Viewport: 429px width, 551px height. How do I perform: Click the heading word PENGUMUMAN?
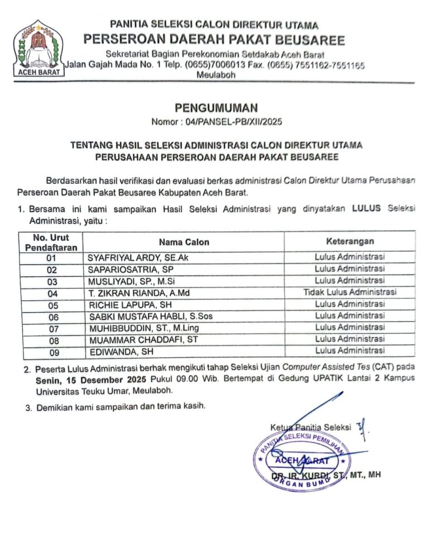click(214, 108)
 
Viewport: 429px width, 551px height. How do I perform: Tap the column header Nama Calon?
click(184, 242)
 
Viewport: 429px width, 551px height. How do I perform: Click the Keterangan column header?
click(350, 241)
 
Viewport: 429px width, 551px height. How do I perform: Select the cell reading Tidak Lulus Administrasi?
click(350, 292)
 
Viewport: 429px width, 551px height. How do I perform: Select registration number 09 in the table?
click(52, 352)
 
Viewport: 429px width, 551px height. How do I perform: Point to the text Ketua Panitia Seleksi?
click(311, 428)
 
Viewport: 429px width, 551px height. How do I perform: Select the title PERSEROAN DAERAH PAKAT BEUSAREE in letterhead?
click(214, 40)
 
